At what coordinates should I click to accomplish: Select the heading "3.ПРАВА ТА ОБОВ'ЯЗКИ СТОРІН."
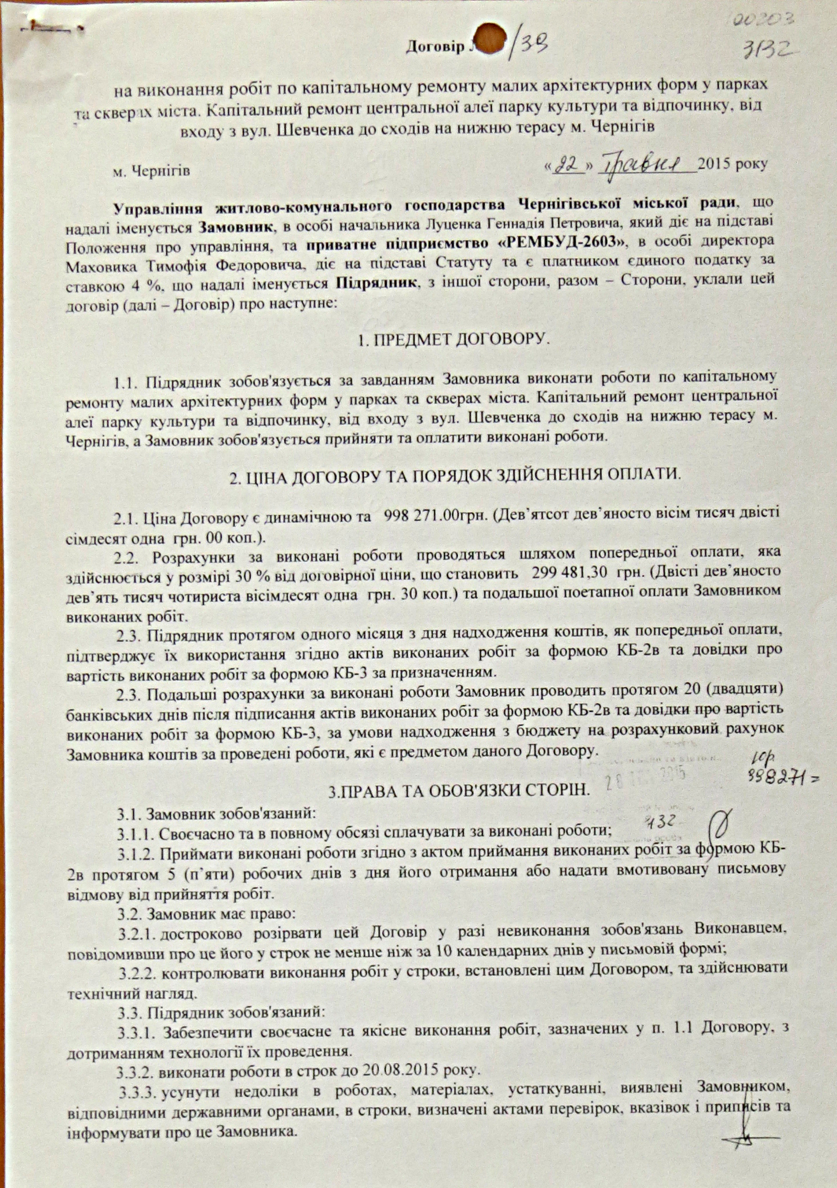[459, 791]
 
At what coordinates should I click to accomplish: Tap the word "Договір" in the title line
[433, 47]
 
